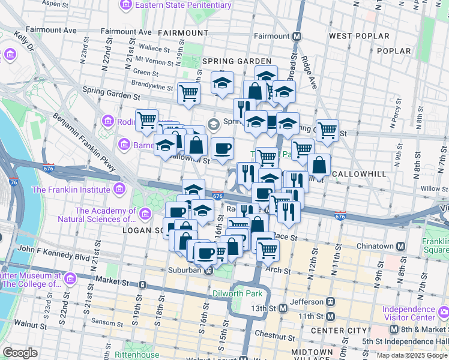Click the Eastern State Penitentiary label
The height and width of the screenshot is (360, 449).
pos(182,5)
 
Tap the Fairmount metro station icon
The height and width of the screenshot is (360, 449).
pos(297,36)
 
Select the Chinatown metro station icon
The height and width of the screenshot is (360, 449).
pos(400,247)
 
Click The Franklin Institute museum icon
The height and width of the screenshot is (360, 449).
pos(119,190)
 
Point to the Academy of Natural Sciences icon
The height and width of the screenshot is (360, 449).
pos(145,214)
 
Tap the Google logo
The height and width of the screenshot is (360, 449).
pos(20,353)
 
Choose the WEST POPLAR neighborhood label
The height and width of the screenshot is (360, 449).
pos(359,36)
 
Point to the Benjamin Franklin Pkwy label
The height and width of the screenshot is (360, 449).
pos(83,142)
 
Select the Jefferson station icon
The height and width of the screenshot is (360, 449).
pos(330,302)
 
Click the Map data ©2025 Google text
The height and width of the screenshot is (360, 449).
pos(411,355)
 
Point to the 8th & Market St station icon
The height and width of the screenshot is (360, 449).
pos(393,329)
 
